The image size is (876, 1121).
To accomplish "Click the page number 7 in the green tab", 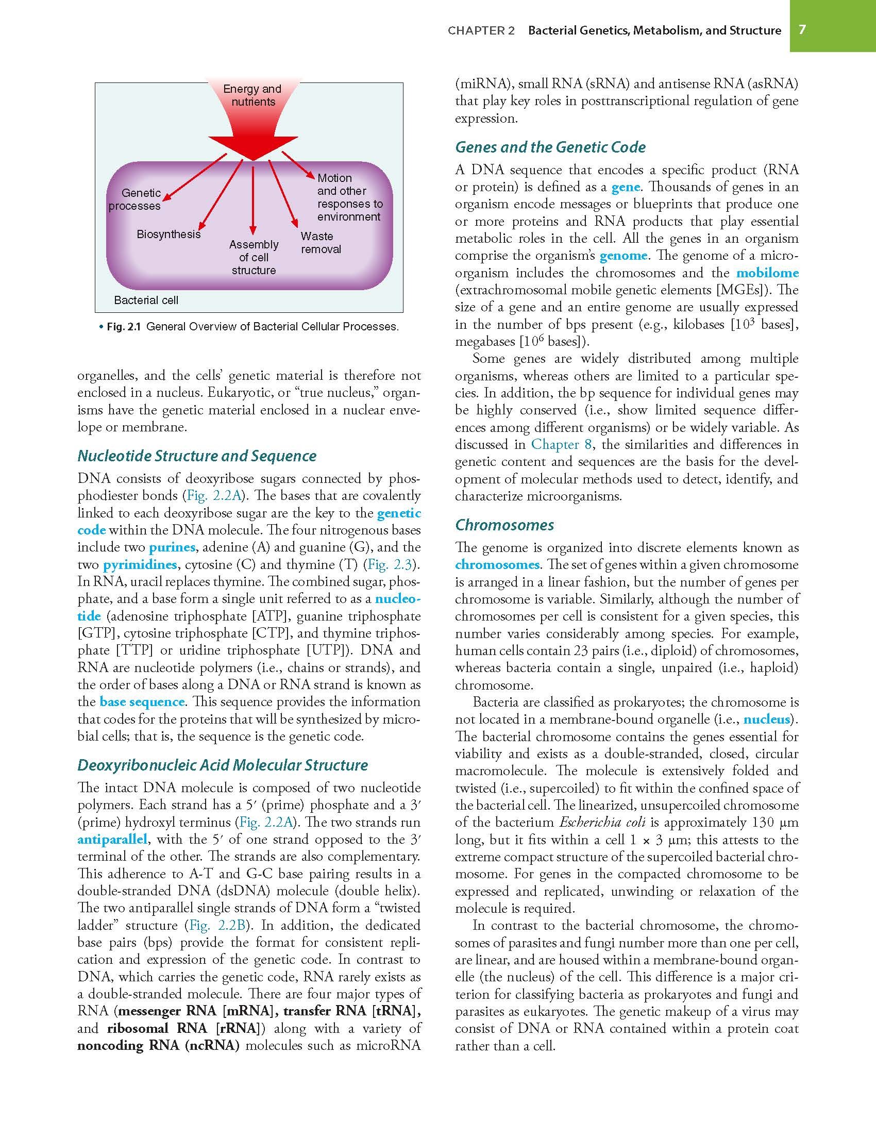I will coord(802,29).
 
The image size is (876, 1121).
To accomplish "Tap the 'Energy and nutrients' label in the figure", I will coord(252,95).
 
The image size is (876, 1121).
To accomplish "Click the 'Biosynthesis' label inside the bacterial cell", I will coord(169,235).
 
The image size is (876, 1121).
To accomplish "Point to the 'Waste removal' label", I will coord(321,243).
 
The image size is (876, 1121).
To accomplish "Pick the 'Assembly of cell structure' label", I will coord(254,257).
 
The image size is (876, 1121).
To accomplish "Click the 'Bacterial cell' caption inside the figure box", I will coord(146,300).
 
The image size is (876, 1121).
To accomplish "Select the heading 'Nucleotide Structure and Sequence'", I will coord(197,456).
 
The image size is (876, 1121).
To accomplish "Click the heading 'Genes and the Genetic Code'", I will coord(550,147).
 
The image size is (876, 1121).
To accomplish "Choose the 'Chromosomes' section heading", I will coord(504,525).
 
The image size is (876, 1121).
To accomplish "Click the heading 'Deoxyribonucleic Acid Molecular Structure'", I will coord(223,765).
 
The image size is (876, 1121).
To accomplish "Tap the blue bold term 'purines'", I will coord(172,547).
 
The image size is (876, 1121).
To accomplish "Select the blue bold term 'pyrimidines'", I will coord(140,565).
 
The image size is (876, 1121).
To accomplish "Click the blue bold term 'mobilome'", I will coord(767,273).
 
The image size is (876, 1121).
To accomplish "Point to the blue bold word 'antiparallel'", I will coord(112,840).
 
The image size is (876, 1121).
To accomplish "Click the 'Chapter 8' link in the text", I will coord(562,445).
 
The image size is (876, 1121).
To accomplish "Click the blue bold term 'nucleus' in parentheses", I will coord(767,720).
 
